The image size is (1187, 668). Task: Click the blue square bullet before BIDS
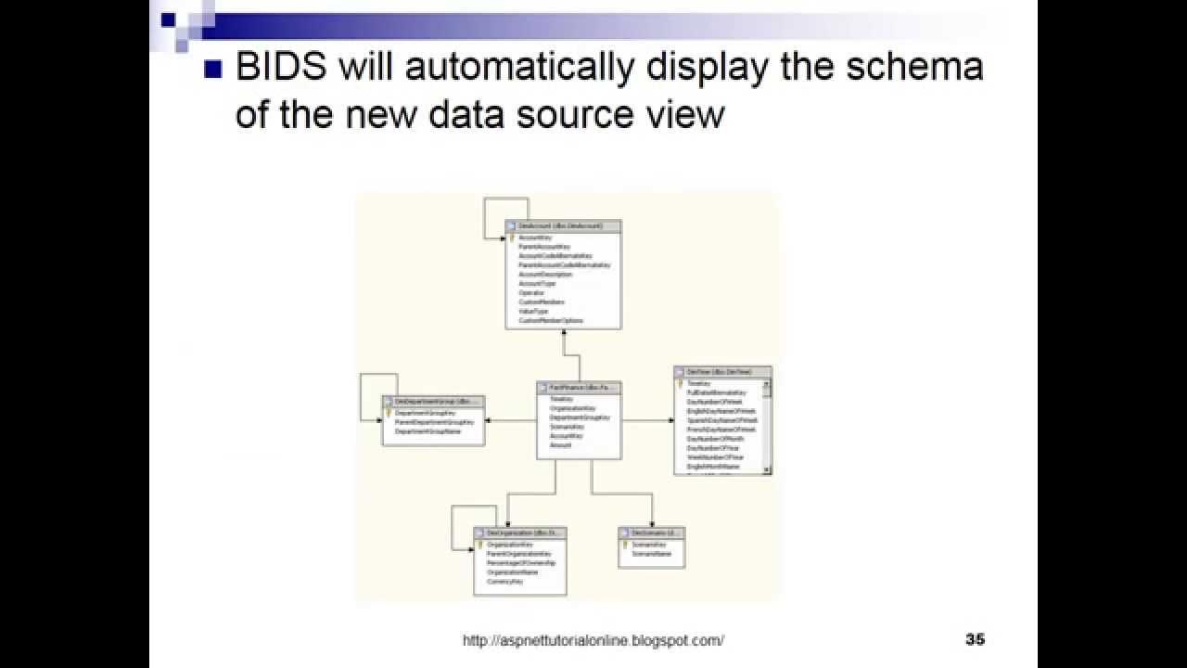coord(212,70)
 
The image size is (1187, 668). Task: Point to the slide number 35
coord(975,639)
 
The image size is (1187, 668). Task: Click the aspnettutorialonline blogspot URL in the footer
coord(593,640)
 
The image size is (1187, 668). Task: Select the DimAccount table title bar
coord(563,225)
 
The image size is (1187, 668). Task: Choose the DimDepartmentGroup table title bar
coord(433,402)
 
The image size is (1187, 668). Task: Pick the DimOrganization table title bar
coord(519,533)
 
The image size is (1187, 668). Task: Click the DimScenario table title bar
coord(652,533)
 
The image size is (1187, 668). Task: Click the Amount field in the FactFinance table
coord(561,445)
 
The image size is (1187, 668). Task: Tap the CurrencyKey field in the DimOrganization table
coord(505,582)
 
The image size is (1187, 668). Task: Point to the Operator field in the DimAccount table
coord(531,293)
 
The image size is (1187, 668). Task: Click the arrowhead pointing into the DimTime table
coord(670,420)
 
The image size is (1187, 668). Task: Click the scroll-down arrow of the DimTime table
coord(767,470)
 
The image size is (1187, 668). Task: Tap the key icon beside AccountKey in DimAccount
coord(511,238)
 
